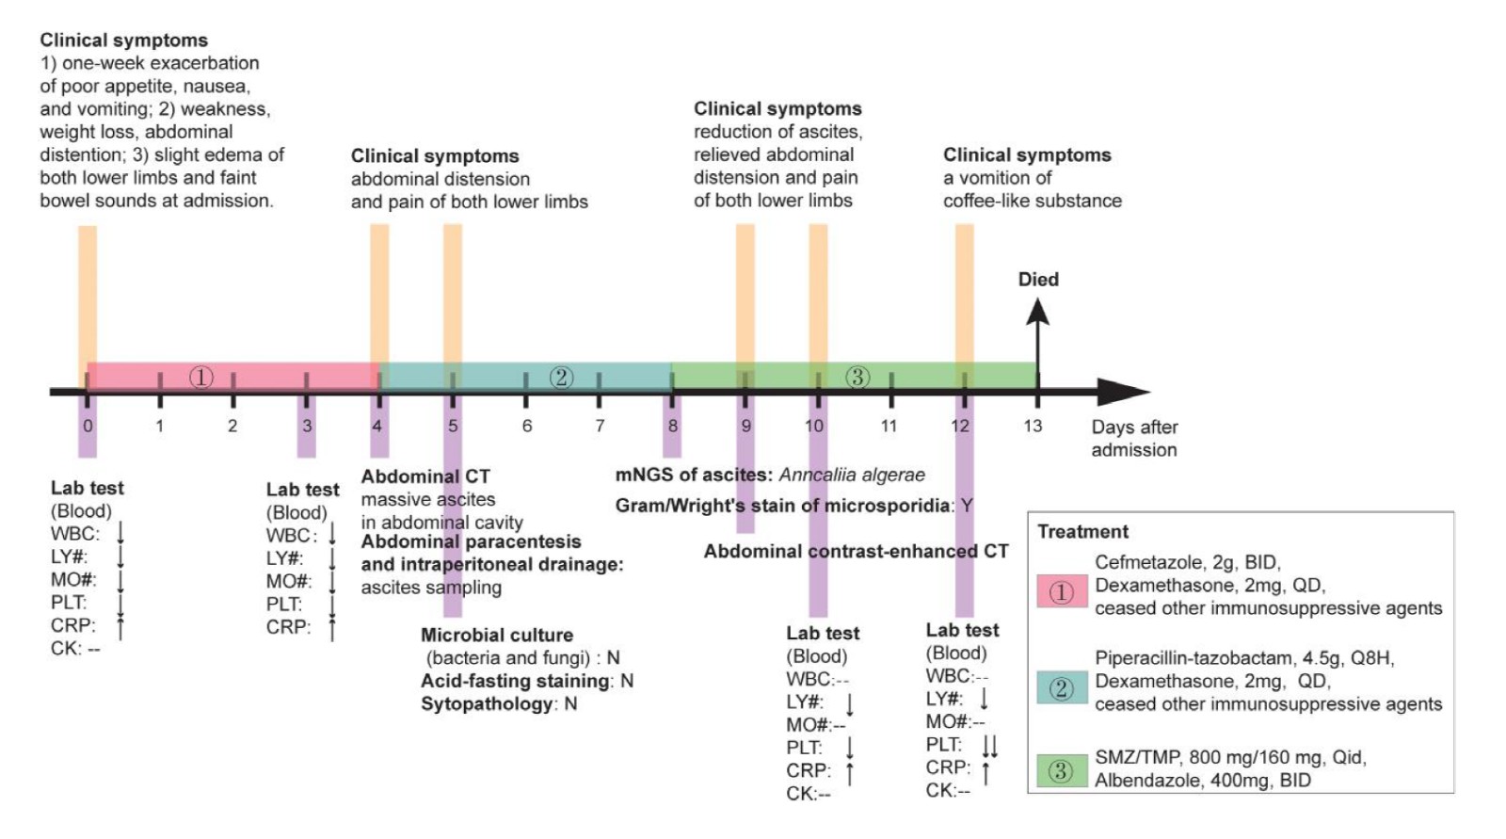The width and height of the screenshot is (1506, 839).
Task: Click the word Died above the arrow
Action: click(1038, 280)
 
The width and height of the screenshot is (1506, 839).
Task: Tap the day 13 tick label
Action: click(1033, 426)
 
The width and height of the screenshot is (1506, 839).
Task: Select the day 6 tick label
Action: click(527, 426)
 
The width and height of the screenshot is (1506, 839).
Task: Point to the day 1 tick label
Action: click(160, 426)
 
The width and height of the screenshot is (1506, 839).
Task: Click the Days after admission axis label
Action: click(1133, 438)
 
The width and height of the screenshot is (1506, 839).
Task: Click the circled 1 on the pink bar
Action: click(201, 378)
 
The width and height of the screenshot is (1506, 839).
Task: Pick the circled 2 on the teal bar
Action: click(561, 378)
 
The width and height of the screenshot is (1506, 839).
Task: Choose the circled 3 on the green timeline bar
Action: click(857, 378)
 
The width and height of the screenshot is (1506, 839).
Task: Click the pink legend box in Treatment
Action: click(1062, 592)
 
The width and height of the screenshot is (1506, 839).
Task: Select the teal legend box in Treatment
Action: click(1062, 688)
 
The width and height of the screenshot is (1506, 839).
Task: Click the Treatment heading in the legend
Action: click(1082, 531)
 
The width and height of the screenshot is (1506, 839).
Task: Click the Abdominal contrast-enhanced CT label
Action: click(856, 552)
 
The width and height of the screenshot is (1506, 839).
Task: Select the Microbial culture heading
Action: click(497, 636)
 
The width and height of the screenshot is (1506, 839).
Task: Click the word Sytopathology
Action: click(486, 704)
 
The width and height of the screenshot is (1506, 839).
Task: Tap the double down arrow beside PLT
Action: click(989, 747)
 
